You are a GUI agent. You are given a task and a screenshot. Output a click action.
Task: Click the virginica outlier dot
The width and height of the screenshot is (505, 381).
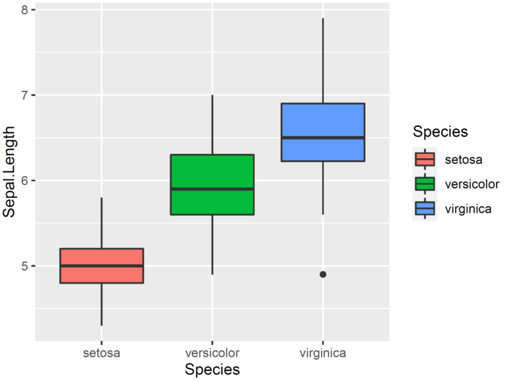323,274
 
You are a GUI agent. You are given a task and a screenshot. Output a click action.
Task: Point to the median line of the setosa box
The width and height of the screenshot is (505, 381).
101,266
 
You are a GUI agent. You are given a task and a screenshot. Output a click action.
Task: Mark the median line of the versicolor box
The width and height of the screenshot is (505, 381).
212,189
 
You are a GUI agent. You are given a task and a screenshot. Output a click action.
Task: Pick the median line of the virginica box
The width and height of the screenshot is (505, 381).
323,138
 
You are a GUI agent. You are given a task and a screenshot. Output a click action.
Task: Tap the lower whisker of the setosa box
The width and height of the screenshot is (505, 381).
101,304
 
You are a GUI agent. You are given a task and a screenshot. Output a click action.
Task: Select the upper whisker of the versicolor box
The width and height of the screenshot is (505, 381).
212,125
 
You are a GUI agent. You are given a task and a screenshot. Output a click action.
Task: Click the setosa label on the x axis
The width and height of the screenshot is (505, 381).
101,353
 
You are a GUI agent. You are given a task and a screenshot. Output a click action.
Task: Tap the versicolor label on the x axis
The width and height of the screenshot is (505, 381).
212,353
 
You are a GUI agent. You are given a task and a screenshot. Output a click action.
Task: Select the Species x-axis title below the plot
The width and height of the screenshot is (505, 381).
212,370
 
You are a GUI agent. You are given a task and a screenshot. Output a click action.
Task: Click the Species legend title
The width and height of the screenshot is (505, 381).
440,132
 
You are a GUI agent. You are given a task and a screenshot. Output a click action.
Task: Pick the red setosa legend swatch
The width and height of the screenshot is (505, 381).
425,159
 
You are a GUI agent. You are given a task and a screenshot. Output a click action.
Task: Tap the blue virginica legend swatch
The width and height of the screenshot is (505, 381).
425,209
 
